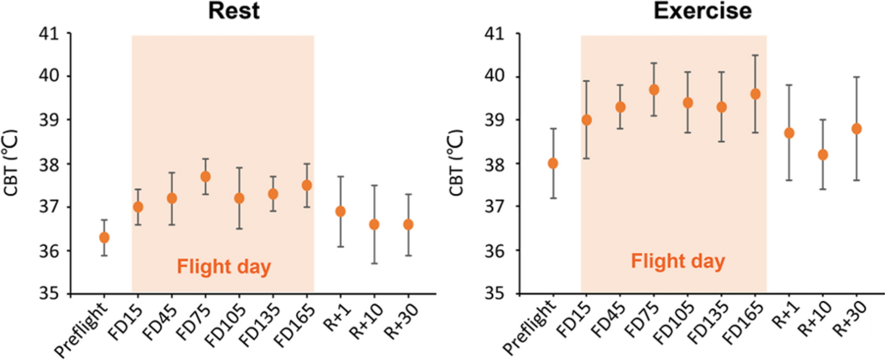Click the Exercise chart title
[x=674, y=12]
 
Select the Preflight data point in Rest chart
[x=104, y=237]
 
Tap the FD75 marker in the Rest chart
[x=205, y=176]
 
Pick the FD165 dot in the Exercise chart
[x=755, y=94]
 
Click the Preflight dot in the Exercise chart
[x=553, y=163]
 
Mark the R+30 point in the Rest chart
[x=408, y=224]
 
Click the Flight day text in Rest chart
[x=224, y=267]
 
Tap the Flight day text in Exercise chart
[x=678, y=261]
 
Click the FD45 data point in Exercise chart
[x=621, y=107]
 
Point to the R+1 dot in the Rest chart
[x=340, y=211]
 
